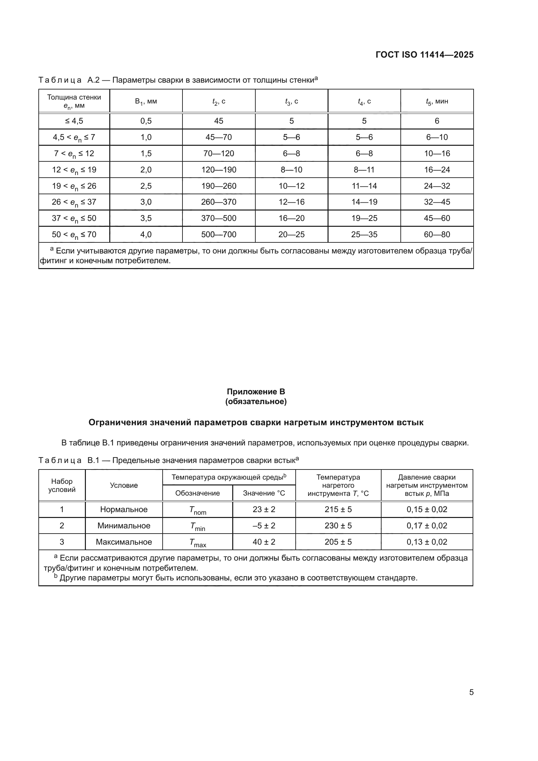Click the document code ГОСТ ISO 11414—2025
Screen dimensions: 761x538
[x=424, y=55]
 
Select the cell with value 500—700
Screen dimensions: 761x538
[x=219, y=235]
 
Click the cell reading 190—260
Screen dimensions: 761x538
[x=219, y=186]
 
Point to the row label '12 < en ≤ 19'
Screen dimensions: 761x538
[x=74, y=170]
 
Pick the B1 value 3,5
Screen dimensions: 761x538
[x=146, y=218]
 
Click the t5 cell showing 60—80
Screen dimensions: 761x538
[x=437, y=235]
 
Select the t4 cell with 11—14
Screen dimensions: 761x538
[x=364, y=186]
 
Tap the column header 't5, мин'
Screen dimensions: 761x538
[x=437, y=102]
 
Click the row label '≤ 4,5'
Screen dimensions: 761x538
[x=74, y=121]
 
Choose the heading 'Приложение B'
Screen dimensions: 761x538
[x=256, y=392]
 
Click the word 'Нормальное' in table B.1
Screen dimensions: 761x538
[x=124, y=510]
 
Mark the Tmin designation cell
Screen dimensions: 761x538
[x=197, y=526]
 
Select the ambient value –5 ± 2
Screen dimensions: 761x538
[x=264, y=526]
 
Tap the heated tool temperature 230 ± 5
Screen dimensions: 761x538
[x=338, y=526]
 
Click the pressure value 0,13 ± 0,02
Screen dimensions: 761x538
[x=427, y=542]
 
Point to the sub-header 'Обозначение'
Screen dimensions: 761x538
[x=197, y=493]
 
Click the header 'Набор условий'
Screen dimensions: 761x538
[x=62, y=485]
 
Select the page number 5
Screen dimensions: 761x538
[x=471, y=692]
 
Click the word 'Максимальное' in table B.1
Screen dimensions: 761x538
[x=124, y=542]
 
